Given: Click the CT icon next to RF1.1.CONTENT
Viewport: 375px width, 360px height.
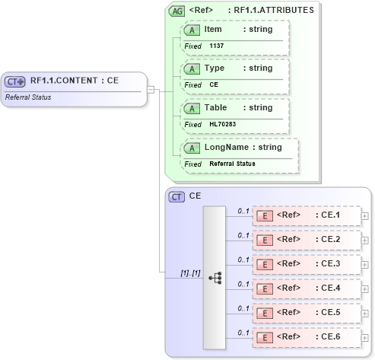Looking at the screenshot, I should [x=15, y=81].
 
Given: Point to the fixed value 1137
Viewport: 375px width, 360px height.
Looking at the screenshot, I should [x=216, y=46].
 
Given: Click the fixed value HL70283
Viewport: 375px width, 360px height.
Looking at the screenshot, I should [x=222, y=124].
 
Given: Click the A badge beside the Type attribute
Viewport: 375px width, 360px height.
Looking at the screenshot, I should [x=193, y=68].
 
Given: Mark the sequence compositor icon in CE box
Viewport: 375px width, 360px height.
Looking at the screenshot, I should [x=215, y=278].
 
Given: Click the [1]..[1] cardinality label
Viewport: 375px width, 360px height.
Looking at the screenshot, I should [x=190, y=272].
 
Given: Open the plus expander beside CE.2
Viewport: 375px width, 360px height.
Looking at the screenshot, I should [x=365, y=240].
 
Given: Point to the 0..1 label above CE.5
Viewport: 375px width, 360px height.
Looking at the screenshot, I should [x=243, y=308].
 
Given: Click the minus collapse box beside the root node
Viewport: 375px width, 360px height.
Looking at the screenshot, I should [x=151, y=89].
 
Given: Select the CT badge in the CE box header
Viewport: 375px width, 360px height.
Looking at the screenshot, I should [x=176, y=197].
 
